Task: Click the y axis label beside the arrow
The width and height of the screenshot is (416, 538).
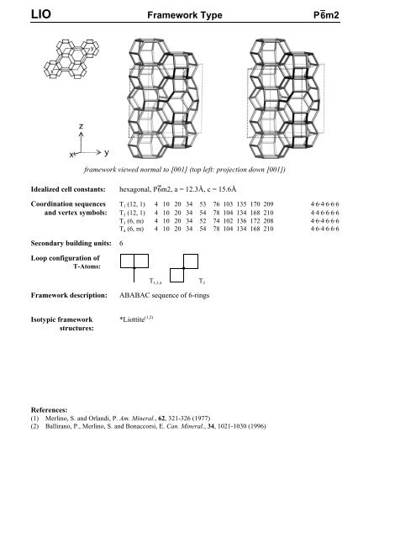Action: [108, 153]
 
